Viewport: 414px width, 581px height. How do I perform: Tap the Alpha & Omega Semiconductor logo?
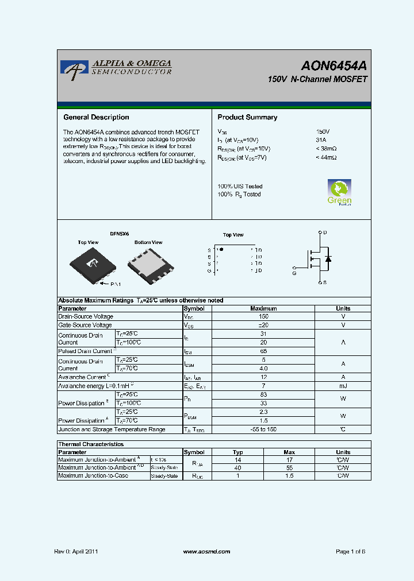tap(116, 68)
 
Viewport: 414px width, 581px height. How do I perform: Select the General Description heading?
tap(96, 117)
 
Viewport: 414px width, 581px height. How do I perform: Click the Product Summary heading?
tap(247, 117)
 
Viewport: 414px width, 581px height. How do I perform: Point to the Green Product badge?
tap(339, 192)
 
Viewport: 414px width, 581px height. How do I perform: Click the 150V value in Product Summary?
tap(323, 131)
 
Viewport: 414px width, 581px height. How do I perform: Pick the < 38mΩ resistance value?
tap(326, 149)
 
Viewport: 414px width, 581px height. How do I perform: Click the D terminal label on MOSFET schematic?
tap(325, 233)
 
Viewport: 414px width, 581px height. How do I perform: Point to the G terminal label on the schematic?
tap(294, 274)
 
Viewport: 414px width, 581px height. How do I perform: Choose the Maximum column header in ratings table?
tap(263, 308)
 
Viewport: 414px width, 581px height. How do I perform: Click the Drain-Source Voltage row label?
tap(86, 316)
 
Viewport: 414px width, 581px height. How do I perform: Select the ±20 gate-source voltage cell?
tap(263, 325)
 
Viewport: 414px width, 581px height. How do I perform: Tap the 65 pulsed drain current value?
tap(263, 351)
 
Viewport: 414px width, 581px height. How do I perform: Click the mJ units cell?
tap(343, 386)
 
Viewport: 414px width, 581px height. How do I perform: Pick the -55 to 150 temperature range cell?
tap(263, 429)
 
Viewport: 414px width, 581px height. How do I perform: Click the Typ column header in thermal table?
tap(238, 452)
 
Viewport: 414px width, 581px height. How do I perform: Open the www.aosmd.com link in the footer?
tap(206, 551)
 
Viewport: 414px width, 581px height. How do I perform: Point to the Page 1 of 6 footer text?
tap(350, 551)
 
